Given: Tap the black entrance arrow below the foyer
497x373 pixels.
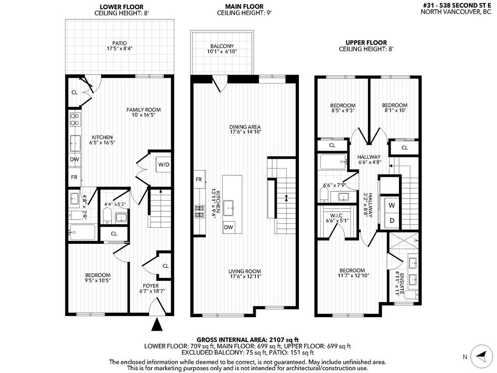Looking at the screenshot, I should [x=157, y=325].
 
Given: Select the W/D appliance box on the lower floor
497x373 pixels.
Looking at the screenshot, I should [x=164, y=164].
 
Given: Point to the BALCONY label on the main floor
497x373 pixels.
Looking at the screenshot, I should [x=222, y=46].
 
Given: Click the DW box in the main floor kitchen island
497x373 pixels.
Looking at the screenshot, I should [x=228, y=227].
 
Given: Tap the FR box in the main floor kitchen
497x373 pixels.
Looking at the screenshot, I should [x=199, y=179].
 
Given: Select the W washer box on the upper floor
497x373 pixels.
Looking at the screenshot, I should [x=391, y=205].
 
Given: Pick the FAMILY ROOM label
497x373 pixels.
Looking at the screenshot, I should [x=143, y=110].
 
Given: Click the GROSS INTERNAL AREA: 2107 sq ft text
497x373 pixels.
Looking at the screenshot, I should [x=248, y=339].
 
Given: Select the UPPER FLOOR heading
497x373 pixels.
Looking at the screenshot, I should [x=365, y=43].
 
